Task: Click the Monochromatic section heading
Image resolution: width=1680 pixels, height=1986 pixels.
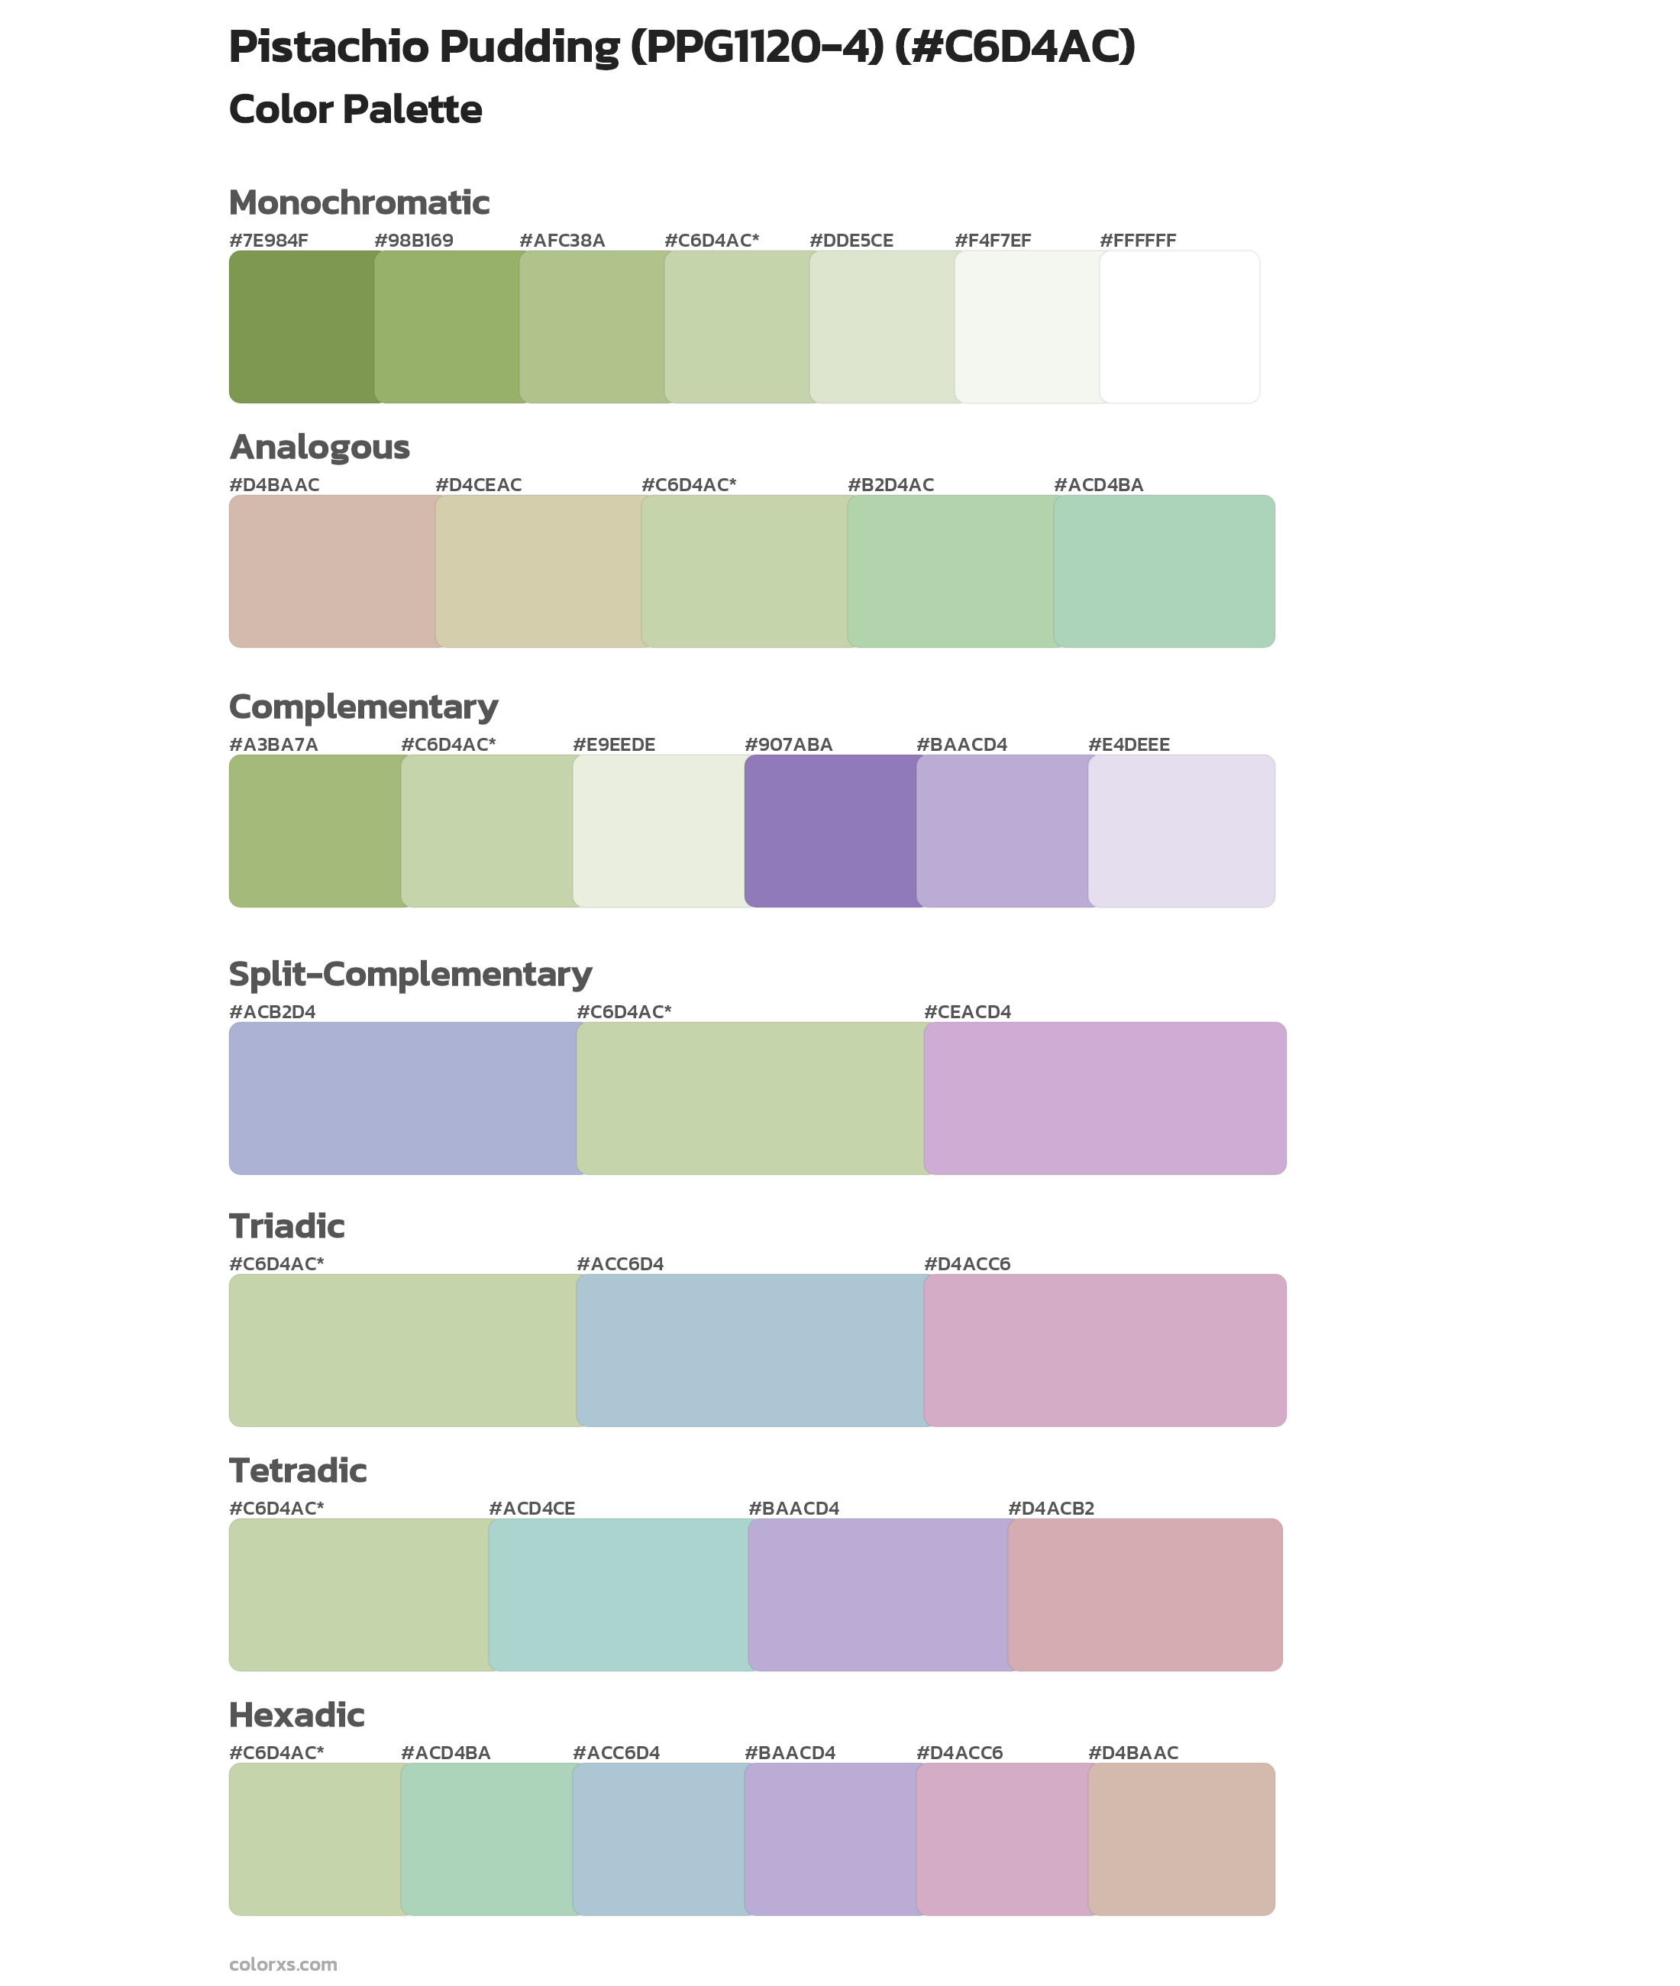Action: click(x=359, y=203)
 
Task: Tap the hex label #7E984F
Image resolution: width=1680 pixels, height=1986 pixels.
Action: click(x=269, y=241)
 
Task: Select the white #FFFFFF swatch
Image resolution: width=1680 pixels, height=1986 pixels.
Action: click(x=1179, y=327)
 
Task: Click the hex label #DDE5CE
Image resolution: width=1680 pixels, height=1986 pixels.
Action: click(x=851, y=241)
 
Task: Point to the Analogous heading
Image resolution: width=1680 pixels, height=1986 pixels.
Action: click(x=319, y=447)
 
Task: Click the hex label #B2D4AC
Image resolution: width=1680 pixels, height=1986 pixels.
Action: click(x=890, y=485)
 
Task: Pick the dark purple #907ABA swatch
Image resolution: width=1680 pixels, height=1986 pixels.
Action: click(x=831, y=830)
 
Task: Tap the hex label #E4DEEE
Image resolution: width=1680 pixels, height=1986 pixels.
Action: click(x=1129, y=745)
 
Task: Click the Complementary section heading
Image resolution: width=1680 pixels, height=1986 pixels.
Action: click(x=363, y=707)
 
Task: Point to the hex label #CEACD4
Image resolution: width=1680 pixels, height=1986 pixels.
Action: click(x=967, y=1011)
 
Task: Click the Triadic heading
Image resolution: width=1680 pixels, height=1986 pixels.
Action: click(x=286, y=1226)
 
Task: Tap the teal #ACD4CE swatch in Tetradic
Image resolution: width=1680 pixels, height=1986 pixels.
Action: click(x=619, y=1594)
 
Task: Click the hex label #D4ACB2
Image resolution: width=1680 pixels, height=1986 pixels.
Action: click(x=1051, y=1508)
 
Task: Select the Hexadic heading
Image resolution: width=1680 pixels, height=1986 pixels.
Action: click(x=296, y=1715)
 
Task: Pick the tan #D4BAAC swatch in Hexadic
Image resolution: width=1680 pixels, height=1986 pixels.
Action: click(x=1181, y=1839)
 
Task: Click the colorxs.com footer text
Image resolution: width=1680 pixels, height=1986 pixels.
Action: click(x=283, y=1964)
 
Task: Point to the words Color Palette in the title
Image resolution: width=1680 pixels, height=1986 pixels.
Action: click(x=355, y=109)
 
